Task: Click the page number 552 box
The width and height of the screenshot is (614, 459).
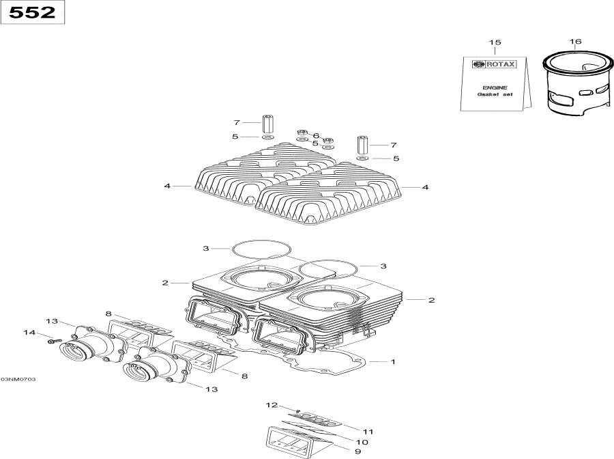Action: click(x=33, y=12)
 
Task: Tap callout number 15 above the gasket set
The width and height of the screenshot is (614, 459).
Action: click(x=495, y=42)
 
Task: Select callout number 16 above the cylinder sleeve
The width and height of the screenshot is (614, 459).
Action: click(x=575, y=41)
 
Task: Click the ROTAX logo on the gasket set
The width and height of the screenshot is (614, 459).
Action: click(x=494, y=64)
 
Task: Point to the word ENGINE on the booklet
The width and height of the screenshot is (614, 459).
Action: click(x=495, y=88)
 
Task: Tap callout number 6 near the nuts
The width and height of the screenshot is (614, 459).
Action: click(x=316, y=136)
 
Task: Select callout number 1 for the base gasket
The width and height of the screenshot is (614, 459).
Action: click(x=393, y=361)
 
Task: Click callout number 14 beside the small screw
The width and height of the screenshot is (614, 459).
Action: click(x=29, y=333)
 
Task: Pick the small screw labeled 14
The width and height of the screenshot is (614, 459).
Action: click(x=55, y=341)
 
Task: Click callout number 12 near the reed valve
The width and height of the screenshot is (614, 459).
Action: click(x=272, y=405)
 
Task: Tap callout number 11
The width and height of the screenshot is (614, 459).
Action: click(x=367, y=432)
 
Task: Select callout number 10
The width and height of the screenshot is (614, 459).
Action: click(x=362, y=442)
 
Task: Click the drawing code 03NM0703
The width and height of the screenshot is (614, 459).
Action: click(x=18, y=380)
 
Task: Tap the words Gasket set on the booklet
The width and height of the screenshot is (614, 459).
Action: click(x=495, y=94)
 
